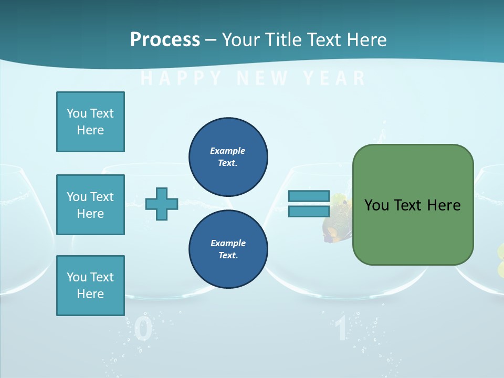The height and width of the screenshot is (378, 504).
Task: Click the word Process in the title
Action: tap(165, 39)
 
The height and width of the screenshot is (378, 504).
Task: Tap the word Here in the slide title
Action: tap(366, 39)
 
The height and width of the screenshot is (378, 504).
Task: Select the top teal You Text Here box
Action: tap(90, 122)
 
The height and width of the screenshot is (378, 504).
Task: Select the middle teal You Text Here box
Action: tap(90, 205)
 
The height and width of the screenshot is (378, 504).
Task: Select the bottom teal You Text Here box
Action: tap(90, 286)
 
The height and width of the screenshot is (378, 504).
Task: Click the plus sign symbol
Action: tap(162, 204)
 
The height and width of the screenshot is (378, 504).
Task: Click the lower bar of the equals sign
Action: tap(309, 212)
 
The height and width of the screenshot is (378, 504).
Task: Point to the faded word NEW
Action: tap(262, 78)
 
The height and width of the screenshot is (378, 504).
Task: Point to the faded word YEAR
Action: tap(334, 78)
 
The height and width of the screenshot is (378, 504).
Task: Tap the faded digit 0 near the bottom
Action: tap(143, 330)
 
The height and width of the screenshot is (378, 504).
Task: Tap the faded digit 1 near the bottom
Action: tap(341, 330)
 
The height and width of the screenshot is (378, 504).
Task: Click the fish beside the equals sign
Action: tap(336, 220)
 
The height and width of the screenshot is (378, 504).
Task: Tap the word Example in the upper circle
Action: tap(228, 151)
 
